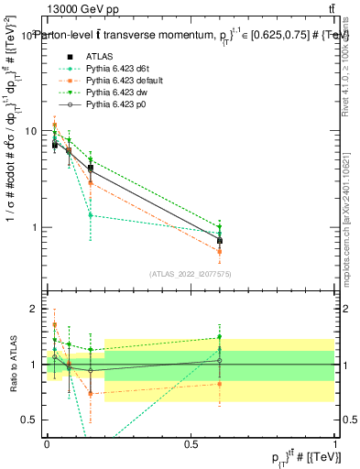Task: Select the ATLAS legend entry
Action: [101, 56]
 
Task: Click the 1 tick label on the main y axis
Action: [37, 227]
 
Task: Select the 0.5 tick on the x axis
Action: [191, 444]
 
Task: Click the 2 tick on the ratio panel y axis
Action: [37, 310]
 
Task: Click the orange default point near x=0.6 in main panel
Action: [220, 251]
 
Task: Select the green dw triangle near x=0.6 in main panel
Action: [220, 227]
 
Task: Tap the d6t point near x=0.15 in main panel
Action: [90, 215]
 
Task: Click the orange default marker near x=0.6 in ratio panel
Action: [220, 384]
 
